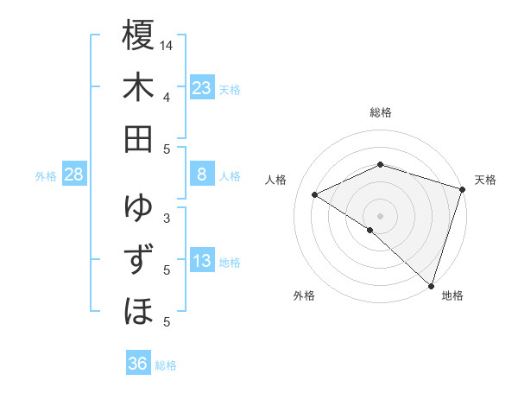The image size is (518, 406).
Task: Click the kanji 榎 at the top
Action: tap(138, 37)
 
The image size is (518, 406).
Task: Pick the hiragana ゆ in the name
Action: tap(138, 208)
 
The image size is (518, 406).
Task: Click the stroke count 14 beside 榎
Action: tap(167, 45)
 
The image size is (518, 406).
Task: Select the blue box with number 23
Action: tap(201, 88)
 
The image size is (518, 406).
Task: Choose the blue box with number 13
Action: tap(201, 261)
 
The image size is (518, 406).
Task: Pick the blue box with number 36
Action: tap(137, 364)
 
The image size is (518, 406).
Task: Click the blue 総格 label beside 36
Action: tap(166, 365)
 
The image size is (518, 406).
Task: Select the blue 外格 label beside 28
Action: tap(46, 176)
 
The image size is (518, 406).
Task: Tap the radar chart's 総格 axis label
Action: tap(380, 112)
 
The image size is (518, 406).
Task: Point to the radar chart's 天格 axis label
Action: tap(485, 180)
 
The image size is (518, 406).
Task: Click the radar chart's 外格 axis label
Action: tap(304, 295)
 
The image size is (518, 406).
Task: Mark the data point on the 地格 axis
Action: tap(431, 284)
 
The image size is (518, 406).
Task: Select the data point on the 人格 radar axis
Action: tap(315, 195)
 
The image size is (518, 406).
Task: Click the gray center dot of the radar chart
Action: tap(380, 215)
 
